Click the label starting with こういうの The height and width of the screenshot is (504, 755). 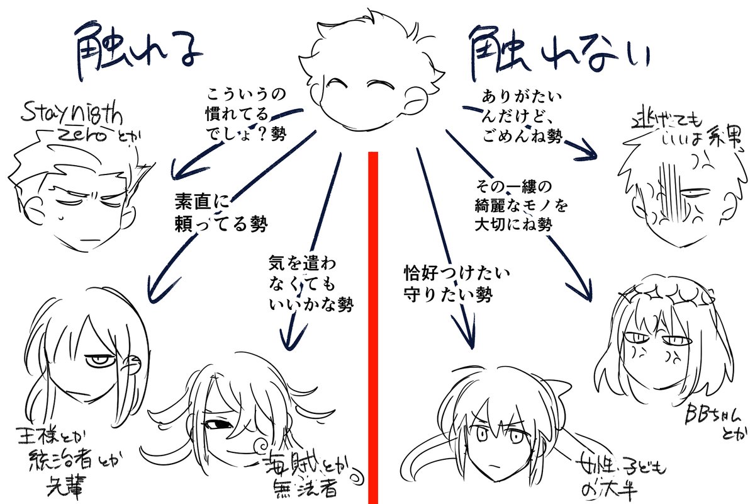click(x=245, y=113)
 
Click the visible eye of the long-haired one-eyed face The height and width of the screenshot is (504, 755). click(x=101, y=361)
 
